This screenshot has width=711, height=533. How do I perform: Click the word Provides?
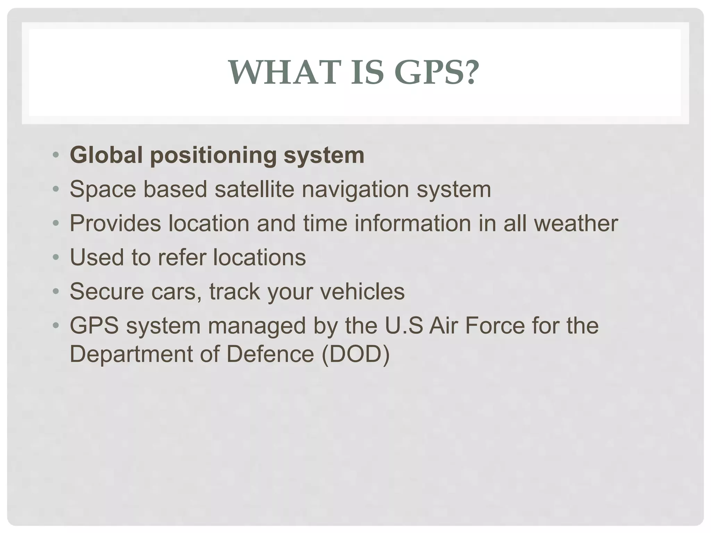[115, 223]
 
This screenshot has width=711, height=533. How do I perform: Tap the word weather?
[576, 223]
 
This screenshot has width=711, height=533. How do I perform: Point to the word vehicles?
[362, 291]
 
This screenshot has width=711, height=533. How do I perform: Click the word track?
[234, 291]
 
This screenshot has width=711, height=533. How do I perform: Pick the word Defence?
[270, 354]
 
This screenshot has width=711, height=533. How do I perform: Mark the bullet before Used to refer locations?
[56, 258]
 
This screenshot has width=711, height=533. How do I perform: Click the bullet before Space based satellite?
[56, 189]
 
